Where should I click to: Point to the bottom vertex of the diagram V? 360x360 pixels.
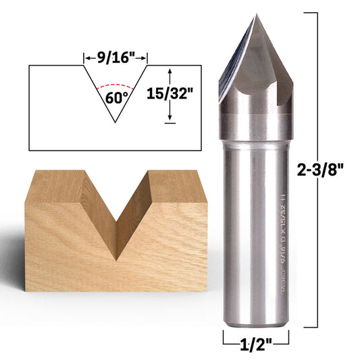[115, 122]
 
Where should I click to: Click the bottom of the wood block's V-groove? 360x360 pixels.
[117, 258]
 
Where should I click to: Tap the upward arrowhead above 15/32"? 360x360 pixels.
[169, 70]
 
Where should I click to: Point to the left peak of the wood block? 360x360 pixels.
[68, 173]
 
